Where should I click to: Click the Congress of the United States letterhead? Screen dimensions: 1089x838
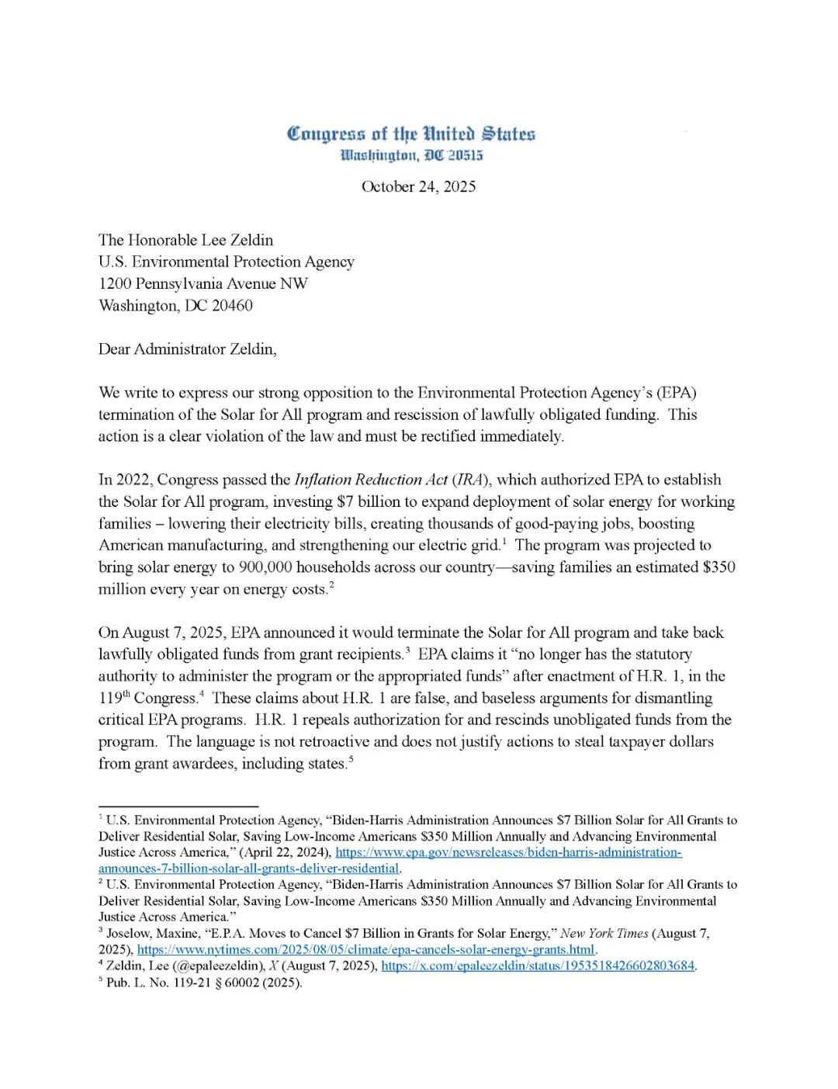pos(411,134)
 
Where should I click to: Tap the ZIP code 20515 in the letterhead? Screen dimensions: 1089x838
pos(465,155)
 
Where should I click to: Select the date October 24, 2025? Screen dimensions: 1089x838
pos(418,186)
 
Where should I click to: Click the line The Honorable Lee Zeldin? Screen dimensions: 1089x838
pos(185,240)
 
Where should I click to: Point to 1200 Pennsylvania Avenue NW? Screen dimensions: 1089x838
pos(203,283)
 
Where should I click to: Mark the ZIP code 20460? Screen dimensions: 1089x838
pos(232,305)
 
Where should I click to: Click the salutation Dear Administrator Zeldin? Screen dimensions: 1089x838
pos(187,349)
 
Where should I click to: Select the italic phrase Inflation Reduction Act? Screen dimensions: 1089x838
pos(371,480)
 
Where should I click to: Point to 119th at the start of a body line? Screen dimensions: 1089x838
pos(113,698)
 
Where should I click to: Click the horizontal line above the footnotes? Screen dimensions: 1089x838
pos(178,806)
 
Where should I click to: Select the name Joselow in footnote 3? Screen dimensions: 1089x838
pos(130,933)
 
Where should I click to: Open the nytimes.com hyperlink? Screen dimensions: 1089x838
pos(365,949)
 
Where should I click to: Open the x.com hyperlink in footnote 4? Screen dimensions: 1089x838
pos(538,966)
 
